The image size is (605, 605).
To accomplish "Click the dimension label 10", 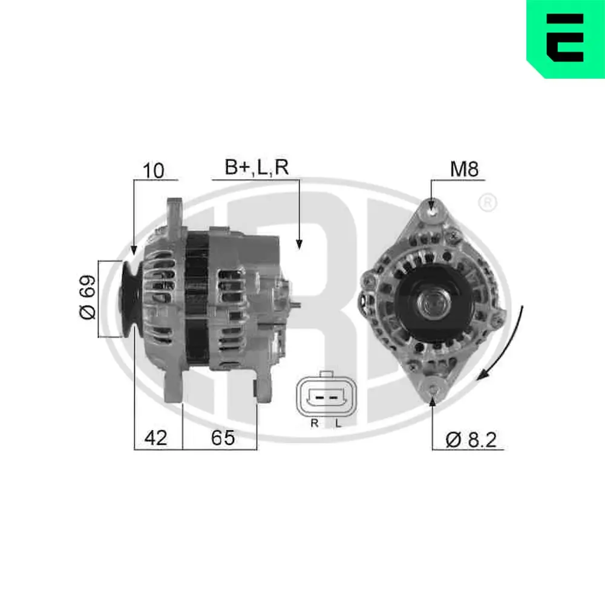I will point(154,171).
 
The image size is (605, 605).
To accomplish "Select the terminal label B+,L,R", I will point(257,168).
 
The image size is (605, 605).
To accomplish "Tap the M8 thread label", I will point(464,169).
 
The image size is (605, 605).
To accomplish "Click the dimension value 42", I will point(155,438).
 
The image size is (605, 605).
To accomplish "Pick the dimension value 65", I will point(222,438).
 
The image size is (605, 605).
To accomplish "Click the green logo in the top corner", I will point(566,38).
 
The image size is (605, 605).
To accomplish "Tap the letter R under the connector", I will point(314,423).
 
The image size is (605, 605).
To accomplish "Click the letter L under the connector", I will point(338,423).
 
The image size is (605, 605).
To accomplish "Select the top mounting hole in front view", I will point(431,208).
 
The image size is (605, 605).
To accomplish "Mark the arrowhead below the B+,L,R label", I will point(299,243).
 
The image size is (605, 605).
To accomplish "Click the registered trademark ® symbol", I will point(487,203).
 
